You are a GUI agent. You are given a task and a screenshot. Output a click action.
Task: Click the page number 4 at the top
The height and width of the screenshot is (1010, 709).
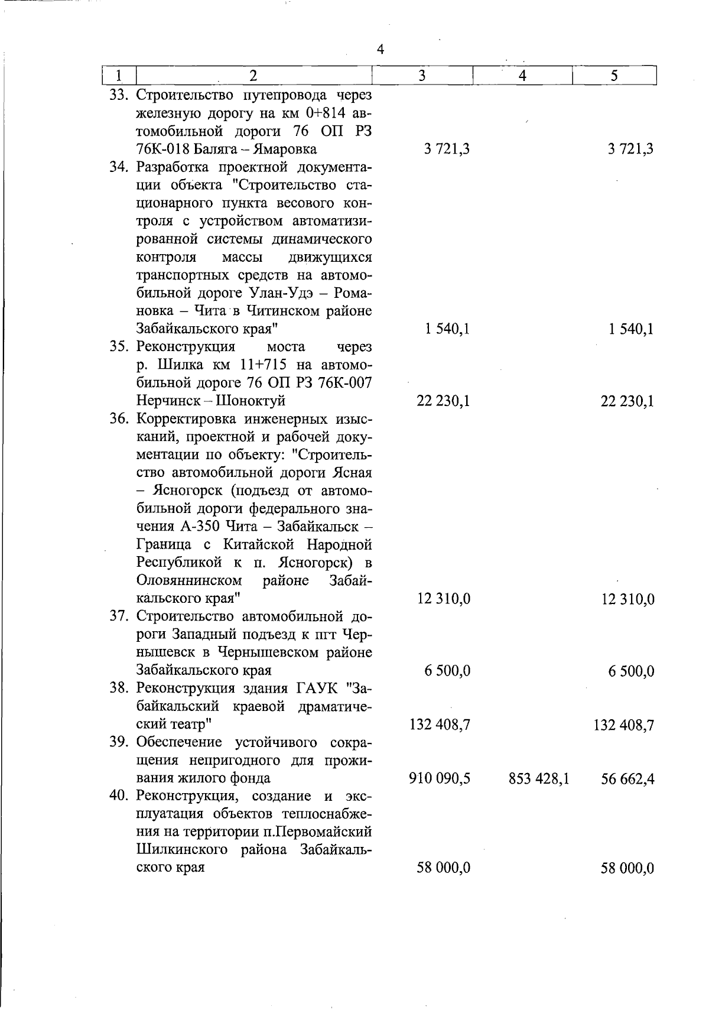click(380, 50)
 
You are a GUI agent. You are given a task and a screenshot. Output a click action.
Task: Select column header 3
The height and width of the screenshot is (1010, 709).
click(422, 76)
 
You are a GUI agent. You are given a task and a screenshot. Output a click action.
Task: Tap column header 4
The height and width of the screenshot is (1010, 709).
click(522, 76)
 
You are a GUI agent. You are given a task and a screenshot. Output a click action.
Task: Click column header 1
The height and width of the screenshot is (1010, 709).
click(119, 76)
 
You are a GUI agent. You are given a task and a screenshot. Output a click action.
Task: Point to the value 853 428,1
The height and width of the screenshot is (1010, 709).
click(538, 778)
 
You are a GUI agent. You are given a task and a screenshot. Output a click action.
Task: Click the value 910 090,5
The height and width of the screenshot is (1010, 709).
click(439, 778)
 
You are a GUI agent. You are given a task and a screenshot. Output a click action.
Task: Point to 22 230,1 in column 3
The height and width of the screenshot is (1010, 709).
click(443, 401)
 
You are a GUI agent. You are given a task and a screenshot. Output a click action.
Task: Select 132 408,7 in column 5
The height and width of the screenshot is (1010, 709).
click(623, 725)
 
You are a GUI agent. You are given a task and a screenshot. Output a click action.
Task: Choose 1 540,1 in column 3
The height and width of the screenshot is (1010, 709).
click(447, 329)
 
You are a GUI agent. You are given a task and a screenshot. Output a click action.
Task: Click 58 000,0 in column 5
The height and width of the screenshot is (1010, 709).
click(627, 868)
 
